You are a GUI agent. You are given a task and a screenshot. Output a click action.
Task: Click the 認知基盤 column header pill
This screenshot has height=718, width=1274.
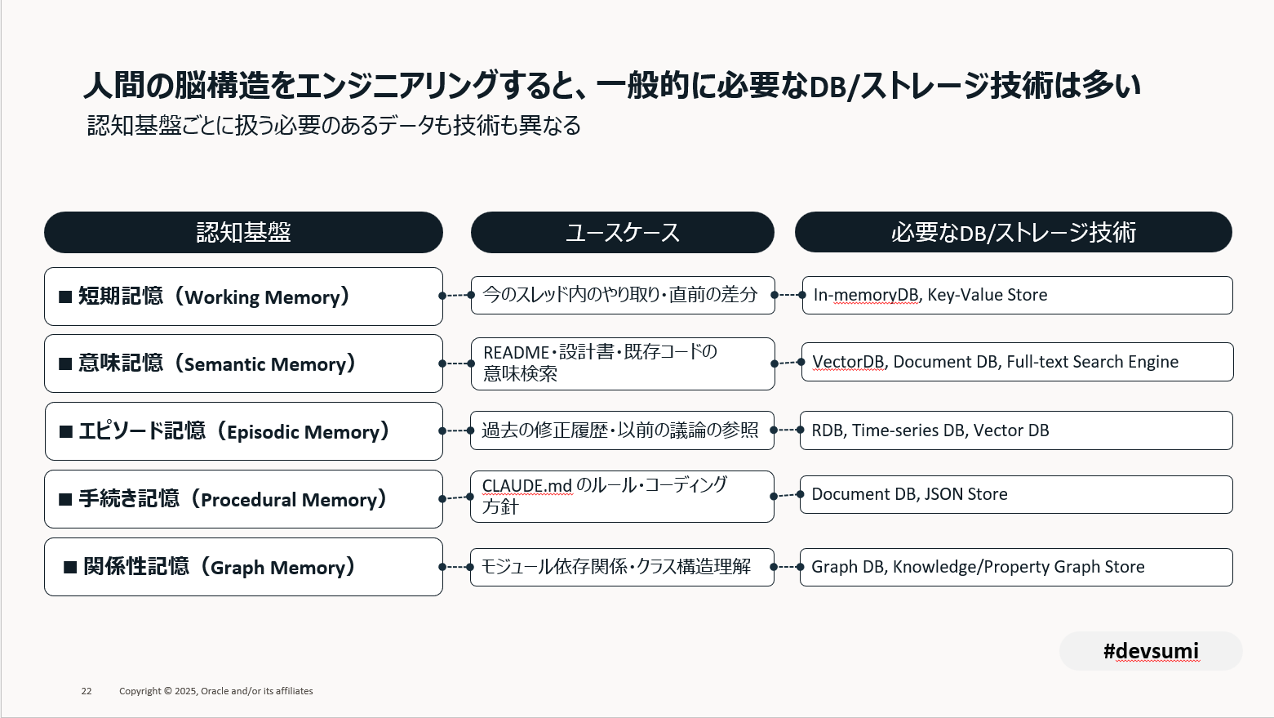point(243,233)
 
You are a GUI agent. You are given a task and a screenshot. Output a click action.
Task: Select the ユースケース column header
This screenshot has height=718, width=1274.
point(622,233)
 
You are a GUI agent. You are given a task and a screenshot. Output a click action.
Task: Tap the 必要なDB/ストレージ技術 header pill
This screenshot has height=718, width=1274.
point(1013,233)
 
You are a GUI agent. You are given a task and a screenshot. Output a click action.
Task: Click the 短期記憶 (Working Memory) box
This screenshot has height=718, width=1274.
point(243,297)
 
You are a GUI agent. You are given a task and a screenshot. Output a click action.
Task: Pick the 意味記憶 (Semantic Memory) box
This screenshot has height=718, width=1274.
point(243,363)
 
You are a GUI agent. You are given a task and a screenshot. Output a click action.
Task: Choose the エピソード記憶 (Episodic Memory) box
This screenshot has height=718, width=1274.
point(243,431)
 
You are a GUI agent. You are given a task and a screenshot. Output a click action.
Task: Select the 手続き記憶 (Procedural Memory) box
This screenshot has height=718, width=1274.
point(243,499)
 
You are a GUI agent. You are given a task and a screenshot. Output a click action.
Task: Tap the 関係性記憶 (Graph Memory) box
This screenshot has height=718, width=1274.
point(243,567)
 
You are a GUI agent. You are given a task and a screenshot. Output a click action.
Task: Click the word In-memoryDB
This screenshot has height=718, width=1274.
point(865,295)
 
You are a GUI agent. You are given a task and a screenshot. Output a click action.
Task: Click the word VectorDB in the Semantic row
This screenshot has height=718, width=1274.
point(848,362)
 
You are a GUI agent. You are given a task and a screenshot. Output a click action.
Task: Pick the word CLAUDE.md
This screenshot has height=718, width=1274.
point(526,486)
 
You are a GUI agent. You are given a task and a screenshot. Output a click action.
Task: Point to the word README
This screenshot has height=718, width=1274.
point(516,353)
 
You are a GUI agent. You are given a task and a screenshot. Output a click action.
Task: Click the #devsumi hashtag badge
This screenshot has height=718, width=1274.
point(1151,651)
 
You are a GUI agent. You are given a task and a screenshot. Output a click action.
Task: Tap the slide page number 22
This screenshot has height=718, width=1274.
point(87,691)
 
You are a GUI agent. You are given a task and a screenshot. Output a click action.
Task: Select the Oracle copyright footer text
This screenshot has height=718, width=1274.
point(215,691)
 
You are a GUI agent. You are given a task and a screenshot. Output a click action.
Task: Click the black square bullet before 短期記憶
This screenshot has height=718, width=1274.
point(65,297)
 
